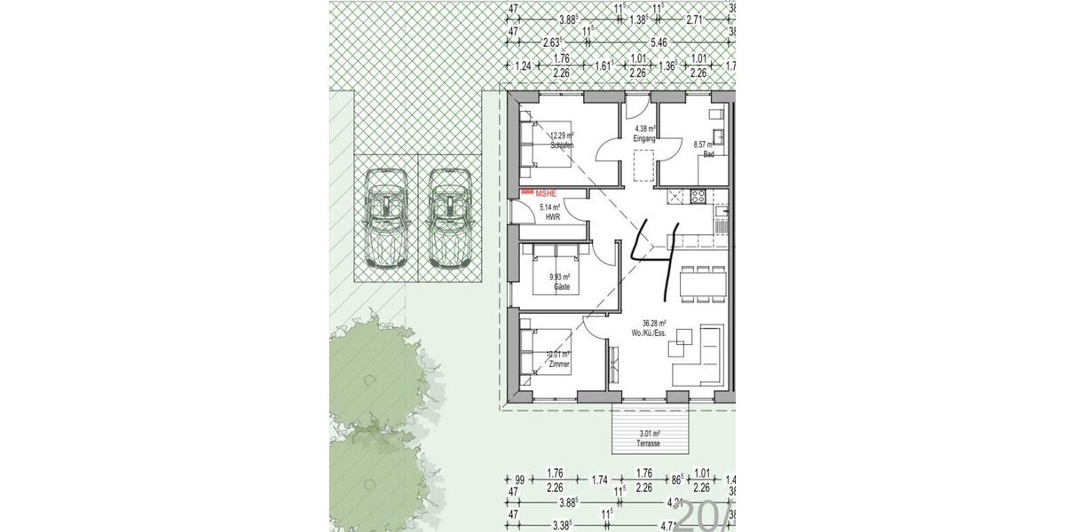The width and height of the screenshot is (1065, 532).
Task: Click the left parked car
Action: pyautogui.click(x=386, y=216)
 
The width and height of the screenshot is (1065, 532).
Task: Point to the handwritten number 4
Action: pyautogui.click(x=656, y=258)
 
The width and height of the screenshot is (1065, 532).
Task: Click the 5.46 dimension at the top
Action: pyautogui.click(x=659, y=41)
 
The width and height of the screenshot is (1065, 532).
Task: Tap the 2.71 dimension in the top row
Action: pyautogui.click(x=695, y=18)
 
